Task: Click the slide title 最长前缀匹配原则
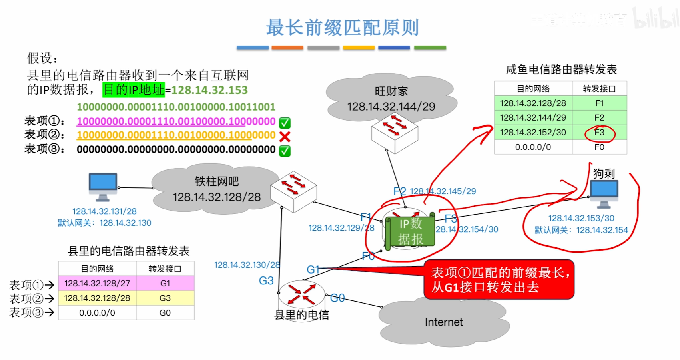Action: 342,28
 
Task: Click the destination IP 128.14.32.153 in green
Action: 209,90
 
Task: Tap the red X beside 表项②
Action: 285,137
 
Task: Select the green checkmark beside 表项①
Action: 285,122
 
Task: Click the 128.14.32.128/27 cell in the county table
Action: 97,283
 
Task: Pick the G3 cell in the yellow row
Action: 165,298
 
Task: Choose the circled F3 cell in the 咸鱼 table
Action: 599,132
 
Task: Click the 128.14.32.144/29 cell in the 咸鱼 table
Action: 533,117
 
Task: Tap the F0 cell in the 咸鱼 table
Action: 599,147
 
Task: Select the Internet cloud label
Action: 444,322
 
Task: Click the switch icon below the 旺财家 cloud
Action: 395,133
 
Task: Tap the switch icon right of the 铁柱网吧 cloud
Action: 294,191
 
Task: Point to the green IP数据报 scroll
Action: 410,231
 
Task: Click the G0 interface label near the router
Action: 337,298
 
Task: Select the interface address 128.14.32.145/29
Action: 443,191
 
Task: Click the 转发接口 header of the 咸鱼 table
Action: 599,88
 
